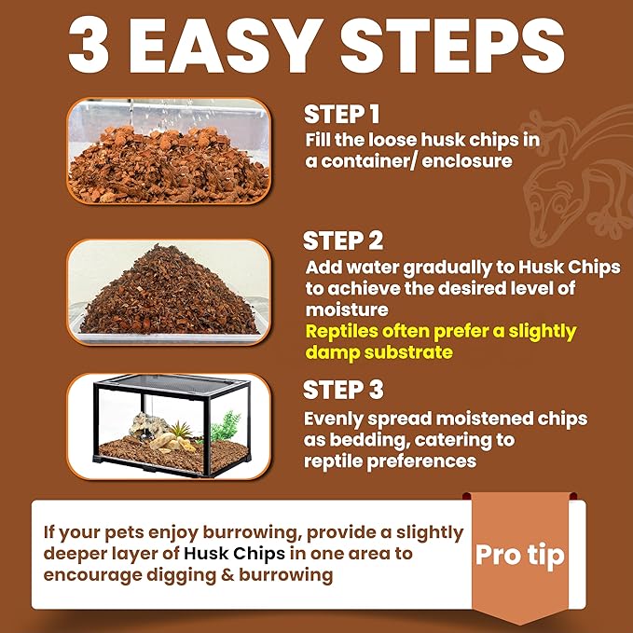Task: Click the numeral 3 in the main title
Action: (89, 45)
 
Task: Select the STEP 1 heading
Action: (341, 115)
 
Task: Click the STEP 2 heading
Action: (343, 241)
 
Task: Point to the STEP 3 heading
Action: (343, 390)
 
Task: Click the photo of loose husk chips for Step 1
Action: (169, 151)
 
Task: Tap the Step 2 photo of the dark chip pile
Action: (169, 292)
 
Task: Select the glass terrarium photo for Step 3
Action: (169, 426)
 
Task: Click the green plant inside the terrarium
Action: (225, 426)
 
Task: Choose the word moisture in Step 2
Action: (347, 310)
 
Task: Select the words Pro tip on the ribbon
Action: (520, 556)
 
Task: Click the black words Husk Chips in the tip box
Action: (234, 554)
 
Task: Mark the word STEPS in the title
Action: (452, 45)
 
